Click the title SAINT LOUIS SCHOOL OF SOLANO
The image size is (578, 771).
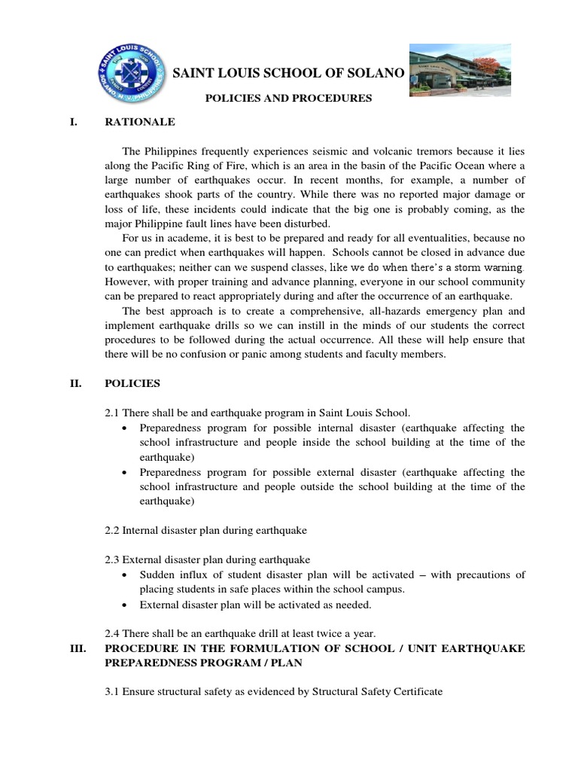point(289,73)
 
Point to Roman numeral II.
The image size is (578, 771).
point(75,383)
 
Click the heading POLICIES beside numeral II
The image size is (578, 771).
point(132,383)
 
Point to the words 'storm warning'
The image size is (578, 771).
point(486,267)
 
